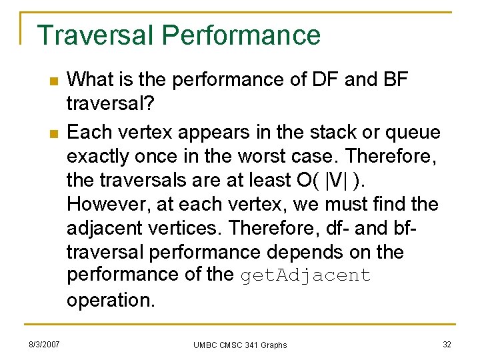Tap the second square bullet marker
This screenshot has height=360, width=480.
[x=53, y=133]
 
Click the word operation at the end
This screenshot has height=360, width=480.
[x=110, y=300]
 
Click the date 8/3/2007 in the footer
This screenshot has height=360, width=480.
[x=44, y=344]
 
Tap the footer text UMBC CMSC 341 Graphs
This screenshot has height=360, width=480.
[x=240, y=345]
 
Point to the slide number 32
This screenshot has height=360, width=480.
[x=447, y=344]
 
